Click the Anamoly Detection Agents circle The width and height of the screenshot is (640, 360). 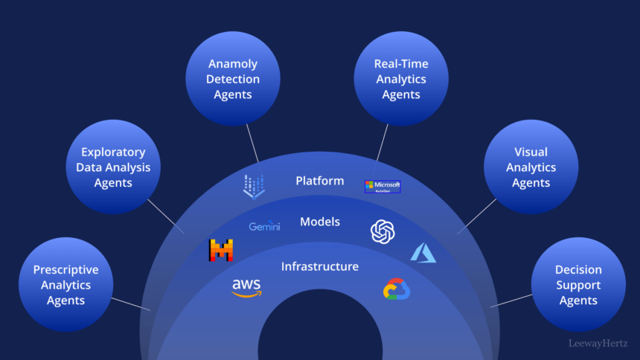tap(233, 78)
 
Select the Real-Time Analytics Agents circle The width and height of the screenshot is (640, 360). tap(401, 78)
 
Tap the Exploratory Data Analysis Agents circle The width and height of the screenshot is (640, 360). tap(113, 167)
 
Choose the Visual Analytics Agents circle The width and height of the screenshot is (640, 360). tap(531, 167)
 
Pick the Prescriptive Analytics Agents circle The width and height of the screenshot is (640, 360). tap(65, 284)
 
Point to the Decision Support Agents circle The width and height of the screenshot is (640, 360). tap(578, 284)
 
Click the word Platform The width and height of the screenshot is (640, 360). tap(320, 181)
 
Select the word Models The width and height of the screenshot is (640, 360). tap(320, 222)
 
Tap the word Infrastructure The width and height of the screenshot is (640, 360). tap(320, 266)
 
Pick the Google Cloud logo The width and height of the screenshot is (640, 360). tap(397, 289)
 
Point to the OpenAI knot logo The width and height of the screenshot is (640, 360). tap(383, 231)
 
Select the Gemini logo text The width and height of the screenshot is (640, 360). tap(264, 226)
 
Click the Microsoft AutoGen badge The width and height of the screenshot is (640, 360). tap(383, 187)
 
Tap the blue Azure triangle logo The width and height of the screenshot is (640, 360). tap(423, 252)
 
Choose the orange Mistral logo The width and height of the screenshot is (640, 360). tap(221, 251)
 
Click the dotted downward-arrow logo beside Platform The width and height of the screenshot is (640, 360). tap(254, 186)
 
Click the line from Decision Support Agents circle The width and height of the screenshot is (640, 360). tap(511, 300)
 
